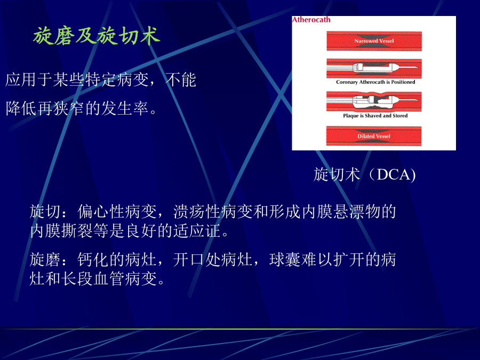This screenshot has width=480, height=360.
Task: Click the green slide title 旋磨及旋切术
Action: (97, 36)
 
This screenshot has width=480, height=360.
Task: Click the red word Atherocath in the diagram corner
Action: (311, 20)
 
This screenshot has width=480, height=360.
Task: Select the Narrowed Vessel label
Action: (374, 41)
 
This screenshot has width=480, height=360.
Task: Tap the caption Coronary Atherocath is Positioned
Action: (375, 82)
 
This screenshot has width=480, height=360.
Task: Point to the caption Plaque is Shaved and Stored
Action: (375, 116)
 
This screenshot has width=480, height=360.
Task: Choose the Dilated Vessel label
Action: (374, 136)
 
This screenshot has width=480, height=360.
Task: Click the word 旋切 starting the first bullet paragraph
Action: (45, 212)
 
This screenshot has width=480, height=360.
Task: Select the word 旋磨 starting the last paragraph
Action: (45, 260)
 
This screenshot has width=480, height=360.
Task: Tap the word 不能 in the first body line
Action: (181, 80)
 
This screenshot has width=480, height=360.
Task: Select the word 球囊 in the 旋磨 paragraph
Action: (285, 260)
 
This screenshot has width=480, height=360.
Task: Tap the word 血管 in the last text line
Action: (109, 279)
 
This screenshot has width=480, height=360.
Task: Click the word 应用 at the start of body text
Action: (21, 80)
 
